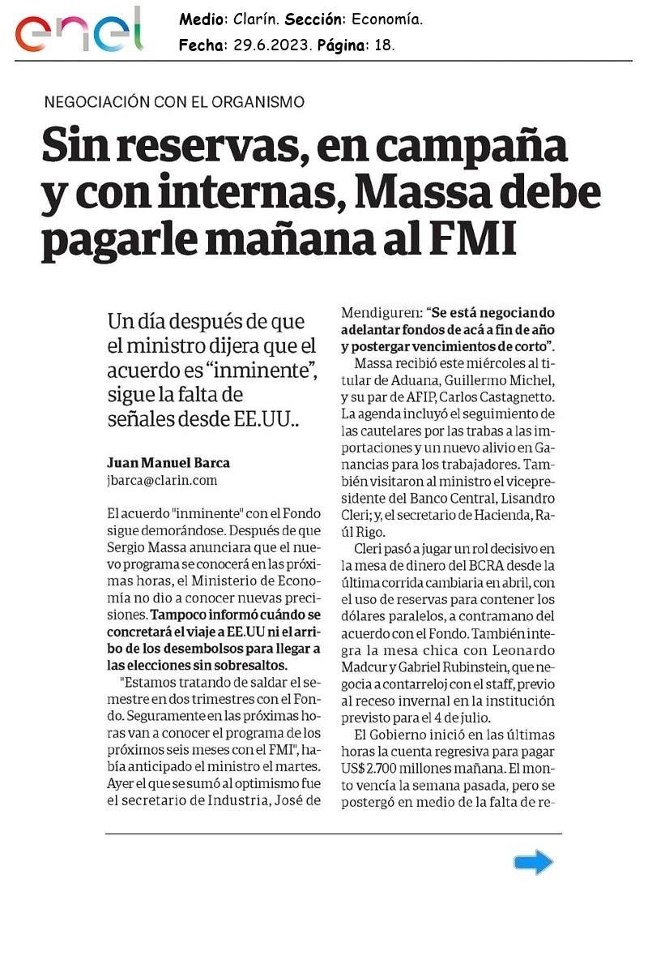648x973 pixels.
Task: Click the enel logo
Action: click(x=79, y=32)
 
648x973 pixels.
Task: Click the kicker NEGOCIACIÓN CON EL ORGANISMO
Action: click(x=174, y=102)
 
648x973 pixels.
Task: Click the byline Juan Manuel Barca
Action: click(x=168, y=463)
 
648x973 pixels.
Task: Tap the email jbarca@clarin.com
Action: click(x=162, y=480)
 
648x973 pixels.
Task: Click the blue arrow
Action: click(x=533, y=863)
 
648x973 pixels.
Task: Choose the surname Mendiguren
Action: click(x=380, y=312)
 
